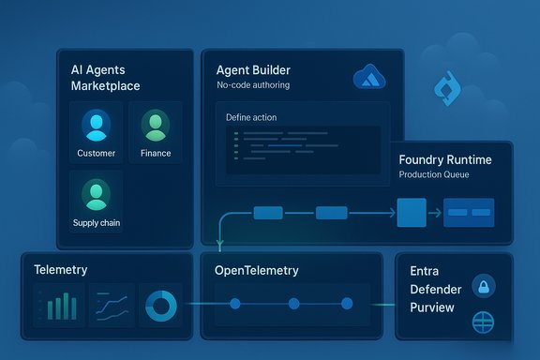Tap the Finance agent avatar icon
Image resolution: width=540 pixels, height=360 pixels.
(x=155, y=126)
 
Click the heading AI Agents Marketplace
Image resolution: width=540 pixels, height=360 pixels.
(x=104, y=78)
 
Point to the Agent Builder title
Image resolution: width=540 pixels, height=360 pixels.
(x=252, y=70)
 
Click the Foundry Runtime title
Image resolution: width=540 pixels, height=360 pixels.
(x=444, y=160)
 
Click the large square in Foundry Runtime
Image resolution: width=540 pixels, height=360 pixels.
(x=412, y=213)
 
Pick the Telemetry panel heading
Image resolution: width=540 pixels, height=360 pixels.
(x=61, y=270)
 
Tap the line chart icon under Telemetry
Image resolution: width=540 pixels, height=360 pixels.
(x=110, y=305)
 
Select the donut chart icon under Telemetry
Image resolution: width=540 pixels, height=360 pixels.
(x=160, y=304)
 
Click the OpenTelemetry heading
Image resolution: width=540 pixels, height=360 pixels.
(x=257, y=271)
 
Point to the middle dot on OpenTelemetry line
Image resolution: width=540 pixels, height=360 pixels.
(x=293, y=304)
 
